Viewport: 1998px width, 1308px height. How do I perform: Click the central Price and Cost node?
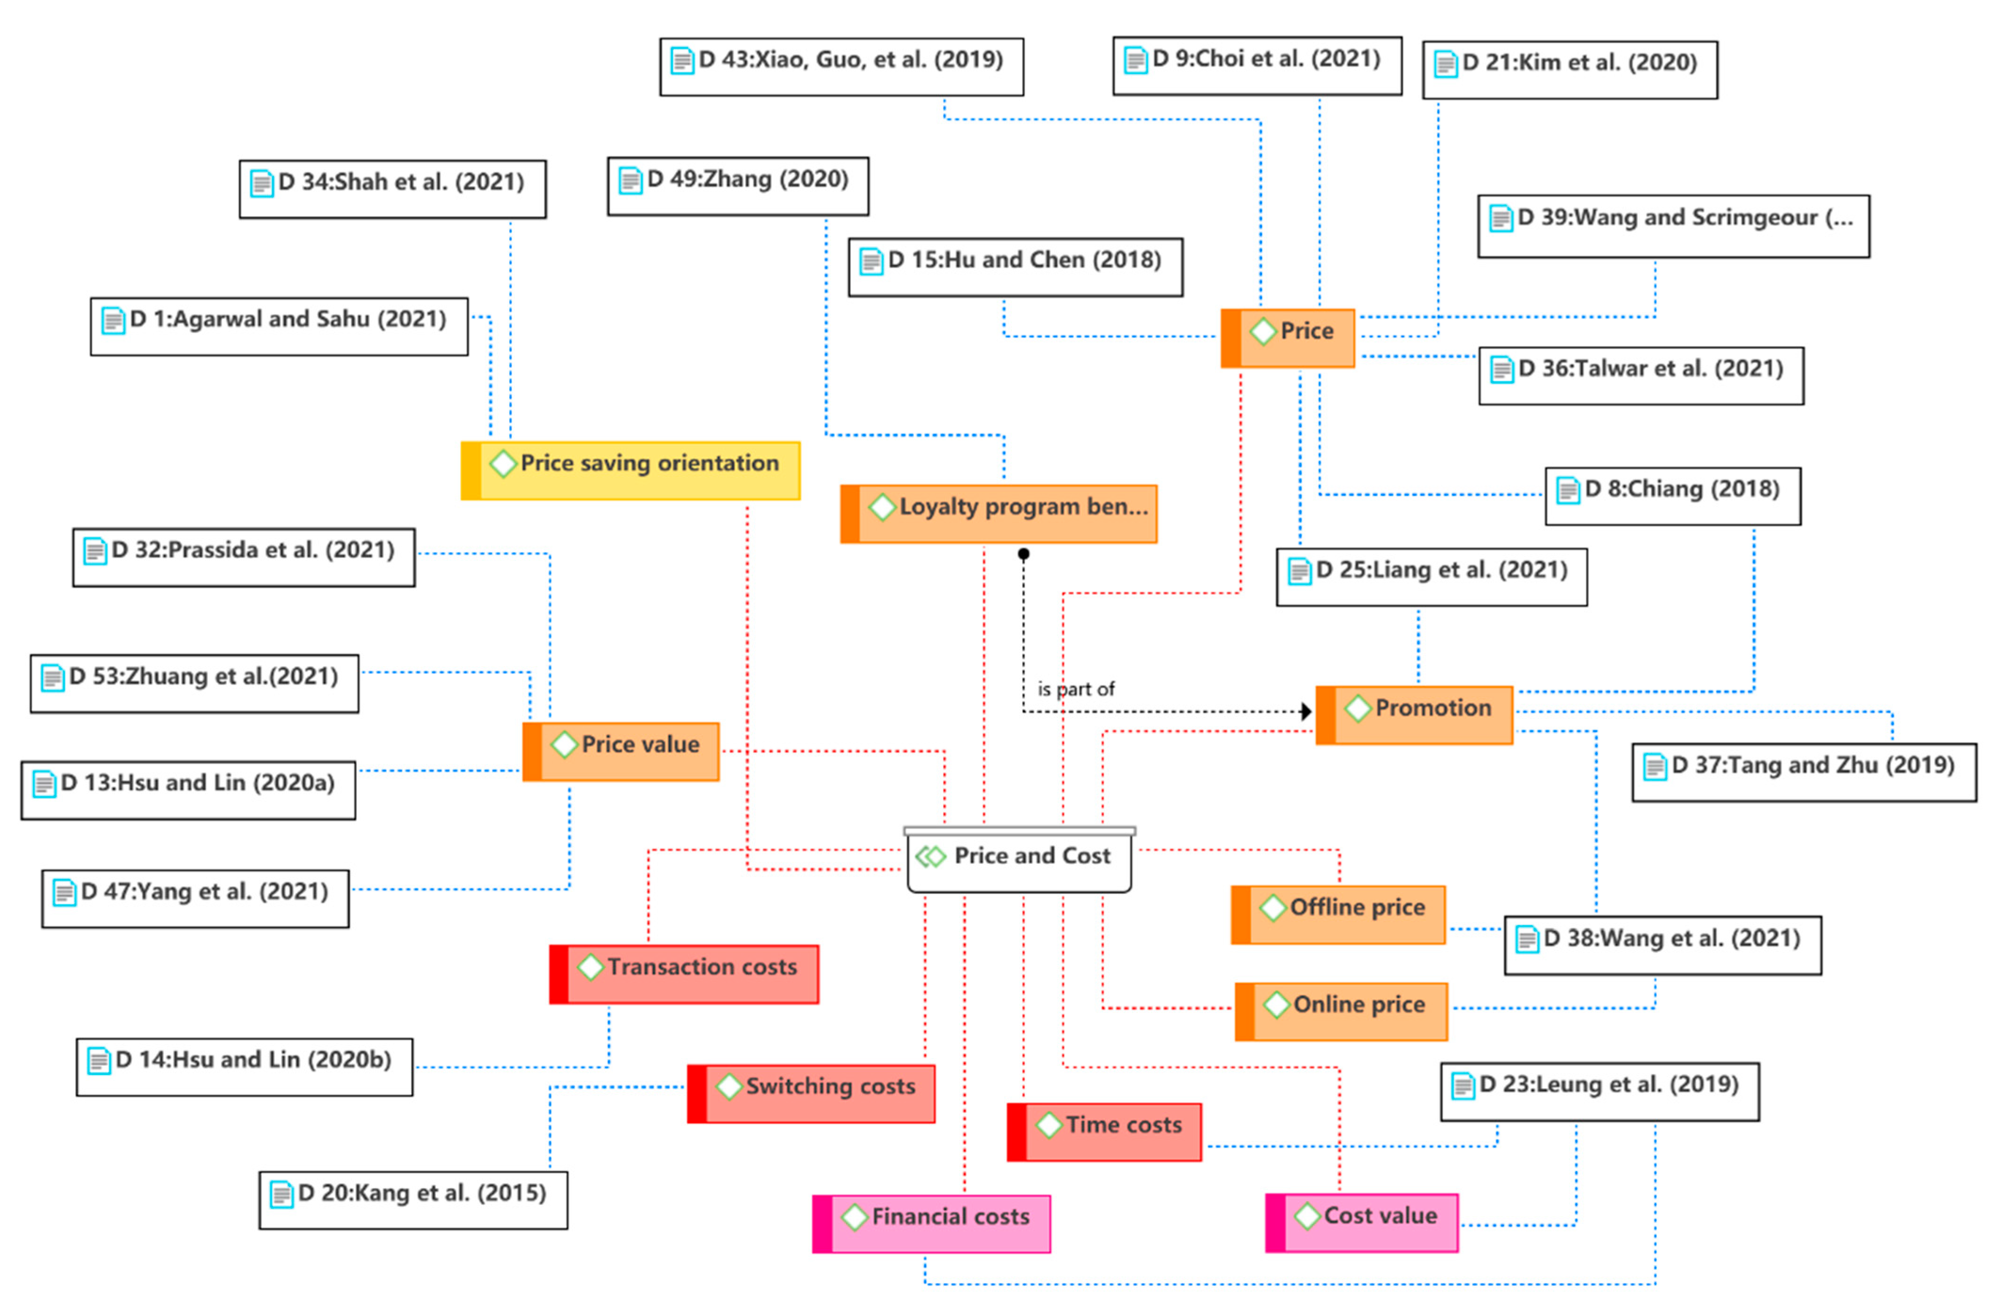(1019, 860)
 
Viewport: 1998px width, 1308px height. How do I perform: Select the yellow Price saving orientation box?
(631, 471)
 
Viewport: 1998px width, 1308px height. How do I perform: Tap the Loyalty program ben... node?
(999, 514)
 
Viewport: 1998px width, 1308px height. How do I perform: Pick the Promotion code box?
(1415, 715)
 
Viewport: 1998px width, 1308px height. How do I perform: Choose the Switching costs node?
(811, 1094)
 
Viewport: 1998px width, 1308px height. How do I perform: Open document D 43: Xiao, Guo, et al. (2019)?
(842, 66)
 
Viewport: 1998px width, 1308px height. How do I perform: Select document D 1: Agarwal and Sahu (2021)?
(280, 327)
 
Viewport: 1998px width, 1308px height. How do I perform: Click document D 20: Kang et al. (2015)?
(413, 1201)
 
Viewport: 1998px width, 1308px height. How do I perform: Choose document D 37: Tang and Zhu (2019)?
(1804, 773)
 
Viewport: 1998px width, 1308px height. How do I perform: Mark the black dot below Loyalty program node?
(1023, 554)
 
